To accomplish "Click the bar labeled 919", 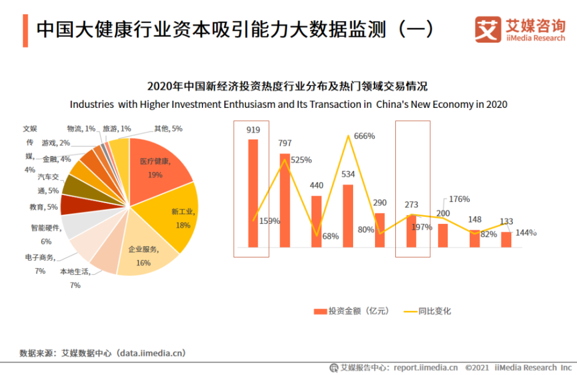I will [253, 193].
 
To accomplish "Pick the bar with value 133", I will [506, 239].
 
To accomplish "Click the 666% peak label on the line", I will [365, 136].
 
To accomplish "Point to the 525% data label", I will [301, 160].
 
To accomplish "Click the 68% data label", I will [331, 236].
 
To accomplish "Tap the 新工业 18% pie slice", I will [176, 219].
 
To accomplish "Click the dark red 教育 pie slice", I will [73, 204].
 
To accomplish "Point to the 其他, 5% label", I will [168, 129].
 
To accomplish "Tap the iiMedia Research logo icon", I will [488, 29].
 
